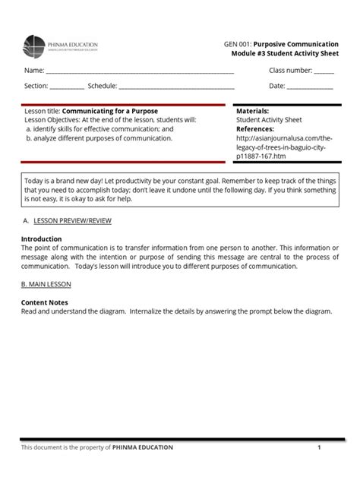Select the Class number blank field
pos(324,73)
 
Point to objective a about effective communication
pos(99,129)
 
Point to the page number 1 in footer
pos(320,447)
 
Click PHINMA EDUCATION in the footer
pos(143,447)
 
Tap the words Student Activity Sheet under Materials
pos(269,120)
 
